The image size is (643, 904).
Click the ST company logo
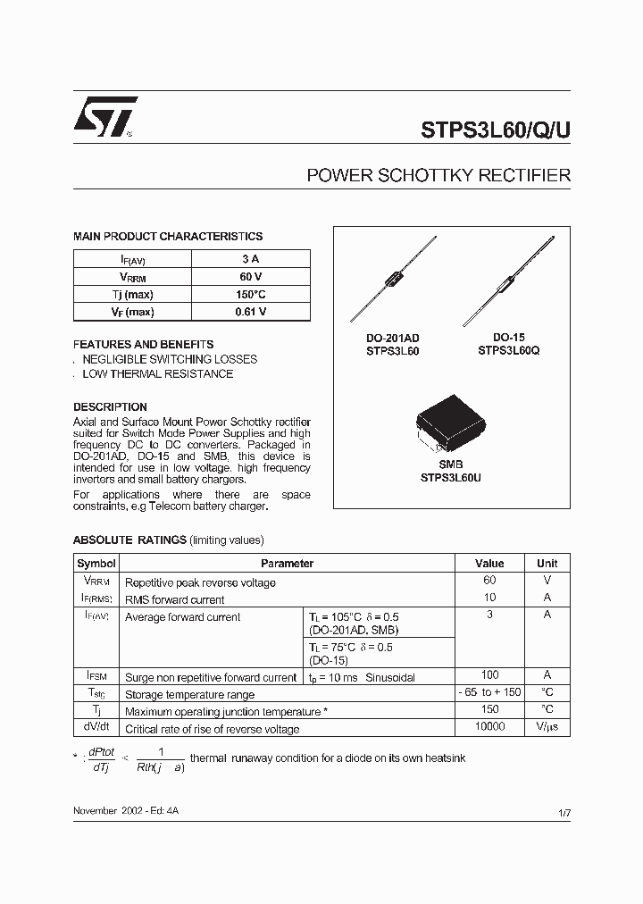click(x=105, y=117)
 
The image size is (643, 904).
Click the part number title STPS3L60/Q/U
click(x=495, y=129)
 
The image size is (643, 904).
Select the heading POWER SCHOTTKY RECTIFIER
click(x=438, y=176)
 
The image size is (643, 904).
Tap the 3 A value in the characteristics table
click(x=250, y=259)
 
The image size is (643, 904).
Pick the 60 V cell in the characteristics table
click(x=250, y=277)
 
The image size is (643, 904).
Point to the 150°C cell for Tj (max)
click(x=250, y=295)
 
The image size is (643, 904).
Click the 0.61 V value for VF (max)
click(x=250, y=312)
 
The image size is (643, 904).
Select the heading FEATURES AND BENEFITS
click(x=143, y=344)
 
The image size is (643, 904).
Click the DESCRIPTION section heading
click(x=110, y=406)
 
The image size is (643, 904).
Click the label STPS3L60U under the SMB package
click(x=450, y=478)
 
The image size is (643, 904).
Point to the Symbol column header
click(x=96, y=564)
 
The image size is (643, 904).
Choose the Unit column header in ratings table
click(x=547, y=564)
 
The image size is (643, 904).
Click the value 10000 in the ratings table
click(x=489, y=728)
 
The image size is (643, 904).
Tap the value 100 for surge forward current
click(x=489, y=676)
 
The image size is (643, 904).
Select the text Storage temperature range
click(x=189, y=695)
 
